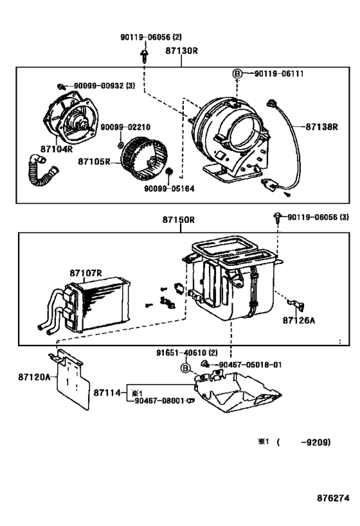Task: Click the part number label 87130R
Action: point(181,51)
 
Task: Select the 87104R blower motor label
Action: point(57,148)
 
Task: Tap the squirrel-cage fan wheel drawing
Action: point(145,157)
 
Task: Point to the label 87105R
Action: point(94,162)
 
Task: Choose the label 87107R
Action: point(85,273)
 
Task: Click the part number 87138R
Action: point(321,127)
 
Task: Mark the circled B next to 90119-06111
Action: point(237,73)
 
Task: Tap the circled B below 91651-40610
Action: point(185,368)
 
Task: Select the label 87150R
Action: point(179,220)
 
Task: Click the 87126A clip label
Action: point(299,320)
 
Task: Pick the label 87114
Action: point(107,392)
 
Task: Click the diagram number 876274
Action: point(333,498)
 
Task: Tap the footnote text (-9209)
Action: point(304,442)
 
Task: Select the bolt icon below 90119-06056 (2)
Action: point(145,56)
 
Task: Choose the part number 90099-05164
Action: point(169,189)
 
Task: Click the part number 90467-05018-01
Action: point(250,365)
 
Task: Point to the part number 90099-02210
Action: point(125,127)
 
